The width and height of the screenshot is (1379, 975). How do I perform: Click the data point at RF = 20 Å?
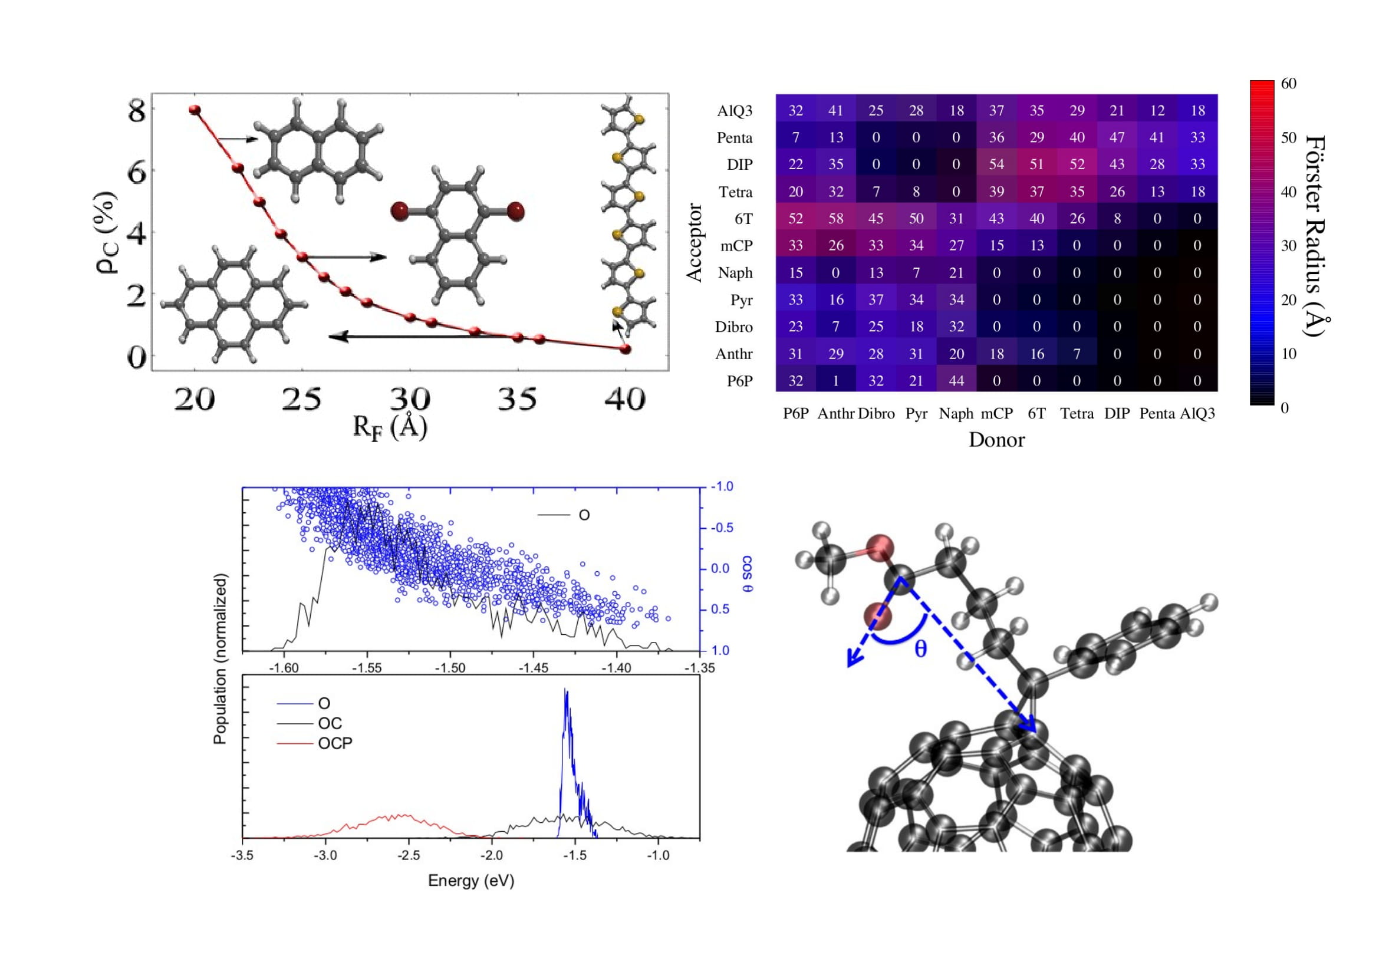pyautogui.click(x=195, y=110)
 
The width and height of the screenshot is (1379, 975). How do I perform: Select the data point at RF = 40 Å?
pyautogui.click(x=625, y=348)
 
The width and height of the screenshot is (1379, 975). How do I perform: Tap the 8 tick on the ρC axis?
pyautogui.click(x=136, y=111)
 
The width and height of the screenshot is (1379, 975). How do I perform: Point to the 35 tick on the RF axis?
pyautogui.click(x=517, y=398)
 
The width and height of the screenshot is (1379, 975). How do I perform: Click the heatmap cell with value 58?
pyautogui.click(x=835, y=219)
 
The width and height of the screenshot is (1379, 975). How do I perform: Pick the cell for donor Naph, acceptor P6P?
pyautogui.click(x=956, y=381)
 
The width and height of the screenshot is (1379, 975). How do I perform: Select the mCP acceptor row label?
pyautogui.click(x=736, y=246)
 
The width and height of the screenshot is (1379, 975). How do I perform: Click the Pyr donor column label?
pyautogui.click(x=916, y=414)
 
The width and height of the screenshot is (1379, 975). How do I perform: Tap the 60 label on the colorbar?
pyautogui.click(x=1288, y=84)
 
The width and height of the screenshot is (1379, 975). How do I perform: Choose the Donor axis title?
pyautogui.click(x=996, y=440)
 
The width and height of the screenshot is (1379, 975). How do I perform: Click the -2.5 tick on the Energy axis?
pyautogui.click(x=409, y=855)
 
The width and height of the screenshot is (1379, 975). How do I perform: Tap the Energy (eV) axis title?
pyautogui.click(x=471, y=881)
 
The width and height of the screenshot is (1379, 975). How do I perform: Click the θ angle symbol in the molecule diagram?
pyautogui.click(x=920, y=649)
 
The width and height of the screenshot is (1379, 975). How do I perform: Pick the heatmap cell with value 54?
pyautogui.click(x=996, y=164)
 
